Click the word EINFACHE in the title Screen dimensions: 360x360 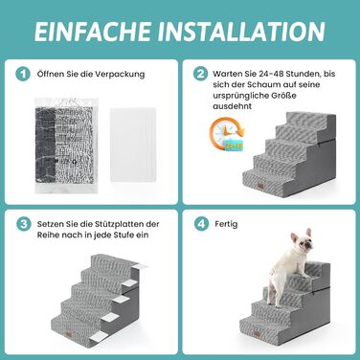tap(92, 32)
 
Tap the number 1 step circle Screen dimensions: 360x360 tap(23, 74)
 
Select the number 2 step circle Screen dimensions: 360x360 tap(200, 74)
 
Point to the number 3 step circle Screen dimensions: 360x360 tap(24, 224)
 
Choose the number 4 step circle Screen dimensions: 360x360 tap(201, 224)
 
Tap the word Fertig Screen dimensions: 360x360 tap(226, 224)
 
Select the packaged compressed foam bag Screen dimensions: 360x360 tap(66, 146)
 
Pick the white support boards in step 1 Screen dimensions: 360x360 tap(133, 145)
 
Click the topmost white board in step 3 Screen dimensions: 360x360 tap(140, 266)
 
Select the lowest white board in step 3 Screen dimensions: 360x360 tap(99, 335)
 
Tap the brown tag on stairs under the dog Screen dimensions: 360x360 tap(256, 335)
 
